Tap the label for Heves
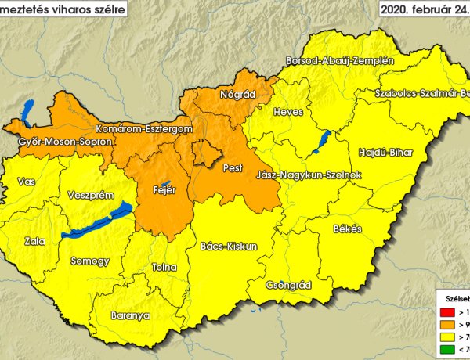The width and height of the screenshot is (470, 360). click(x=288, y=112)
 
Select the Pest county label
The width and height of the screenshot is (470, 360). click(x=233, y=168)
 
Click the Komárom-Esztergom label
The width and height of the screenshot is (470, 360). click(x=143, y=128)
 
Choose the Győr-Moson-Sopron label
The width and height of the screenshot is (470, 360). click(x=65, y=142)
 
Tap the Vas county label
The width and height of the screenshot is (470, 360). click(x=26, y=182)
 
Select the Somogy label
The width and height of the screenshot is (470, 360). click(x=89, y=261)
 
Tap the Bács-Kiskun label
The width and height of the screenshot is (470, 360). click(x=228, y=246)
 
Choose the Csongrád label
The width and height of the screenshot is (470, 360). click(x=289, y=285)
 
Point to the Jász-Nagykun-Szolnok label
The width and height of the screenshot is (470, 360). click(x=309, y=175)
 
